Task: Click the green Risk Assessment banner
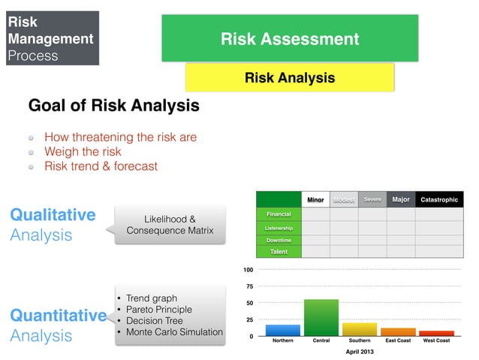point(289,38)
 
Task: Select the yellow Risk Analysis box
point(289,78)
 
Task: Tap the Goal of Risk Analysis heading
point(113,106)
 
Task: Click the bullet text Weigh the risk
point(83,152)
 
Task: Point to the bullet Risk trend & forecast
point(101,166)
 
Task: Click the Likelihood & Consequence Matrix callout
point(170,224)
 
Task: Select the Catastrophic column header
point(439,200)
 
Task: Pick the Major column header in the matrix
point(400,199)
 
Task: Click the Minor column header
point(315,200)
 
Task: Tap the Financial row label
point(279,214)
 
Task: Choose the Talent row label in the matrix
point(279,251)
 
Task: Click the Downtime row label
point(279,240)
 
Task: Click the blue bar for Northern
point(283,330)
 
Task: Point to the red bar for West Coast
point(437,333)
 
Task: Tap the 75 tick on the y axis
point(249,286)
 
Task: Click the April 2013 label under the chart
point(360,351)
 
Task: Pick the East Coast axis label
point(398,340)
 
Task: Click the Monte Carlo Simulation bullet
point(174,332)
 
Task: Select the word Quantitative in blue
point(57,316)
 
